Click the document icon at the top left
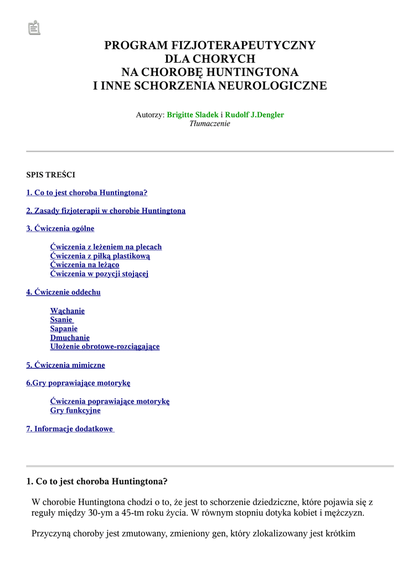click(34, 28)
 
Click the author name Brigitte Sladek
click(193, 115)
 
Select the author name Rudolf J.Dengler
click(254, 115)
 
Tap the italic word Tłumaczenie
click(210, 123)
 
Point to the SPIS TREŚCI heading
click(51, 175)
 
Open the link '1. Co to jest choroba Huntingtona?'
click(87, 193)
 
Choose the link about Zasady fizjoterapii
click(106, 211)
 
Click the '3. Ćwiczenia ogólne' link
click(60, 229)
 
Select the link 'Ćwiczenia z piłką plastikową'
click(100, 256)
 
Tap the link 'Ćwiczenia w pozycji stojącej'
click(99, 274)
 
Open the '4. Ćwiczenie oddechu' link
click(64, 292)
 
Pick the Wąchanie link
click(68, 311)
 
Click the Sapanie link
click(64, 329)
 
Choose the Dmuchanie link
click(70, 338)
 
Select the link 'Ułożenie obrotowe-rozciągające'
click(105, 347)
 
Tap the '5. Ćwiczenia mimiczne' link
click(66, 365)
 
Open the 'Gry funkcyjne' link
click(75, 411)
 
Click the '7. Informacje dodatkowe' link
click(70, 429)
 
